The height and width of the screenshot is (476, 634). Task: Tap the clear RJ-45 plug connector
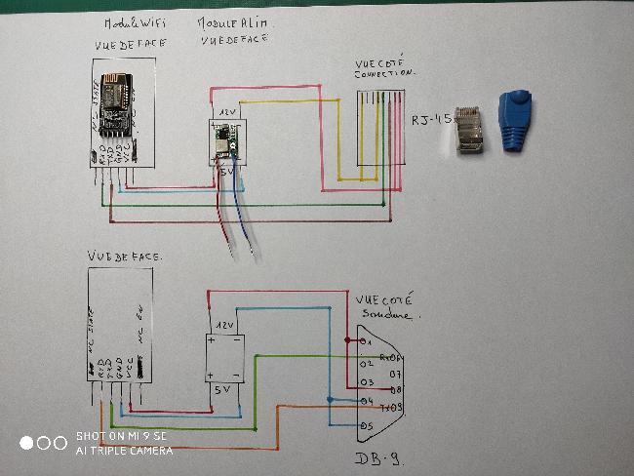[x=469, y=130]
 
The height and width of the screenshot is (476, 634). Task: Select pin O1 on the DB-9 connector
[x=366, y=342]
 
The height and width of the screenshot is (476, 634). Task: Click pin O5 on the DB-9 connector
[x=366, y=425]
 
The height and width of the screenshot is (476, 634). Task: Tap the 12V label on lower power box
[x=225, y=325]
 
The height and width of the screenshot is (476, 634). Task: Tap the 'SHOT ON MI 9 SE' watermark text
[x=121, y=436]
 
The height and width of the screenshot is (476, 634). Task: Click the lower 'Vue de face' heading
[x=125, y=256]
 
